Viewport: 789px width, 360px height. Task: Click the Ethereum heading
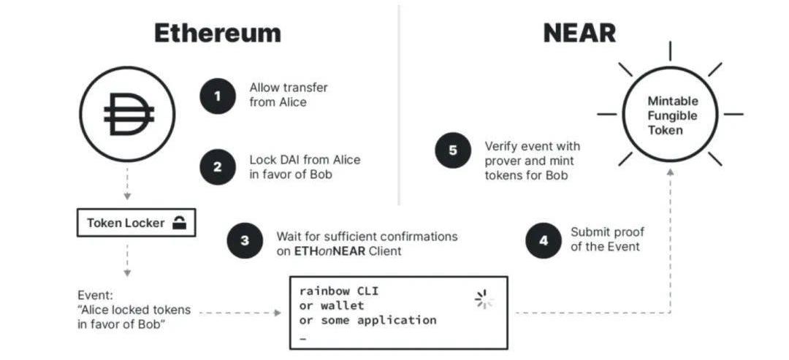[x=217, y=33]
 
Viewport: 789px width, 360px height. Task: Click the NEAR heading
[x=579, y=33]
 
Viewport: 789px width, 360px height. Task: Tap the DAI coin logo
[x=128, y=113]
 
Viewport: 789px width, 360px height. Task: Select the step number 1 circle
[x=218, y=95]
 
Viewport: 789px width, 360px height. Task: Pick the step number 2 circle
[x=218, y=166]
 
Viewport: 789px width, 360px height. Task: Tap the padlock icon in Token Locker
[x=179, y=223]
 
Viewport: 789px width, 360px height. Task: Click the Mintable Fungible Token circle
[x=670, y=115]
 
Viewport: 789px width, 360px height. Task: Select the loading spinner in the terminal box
[x=481, y=298]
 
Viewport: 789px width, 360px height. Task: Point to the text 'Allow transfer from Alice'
[x=289, y=95]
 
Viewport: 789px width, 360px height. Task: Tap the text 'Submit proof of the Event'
[x=607, y=239]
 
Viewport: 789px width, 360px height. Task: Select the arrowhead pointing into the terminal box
[x=278, y=313]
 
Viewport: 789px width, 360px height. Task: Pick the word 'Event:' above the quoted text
[x=96, y=296]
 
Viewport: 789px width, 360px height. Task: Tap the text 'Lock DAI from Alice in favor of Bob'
[x=305, y=166]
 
